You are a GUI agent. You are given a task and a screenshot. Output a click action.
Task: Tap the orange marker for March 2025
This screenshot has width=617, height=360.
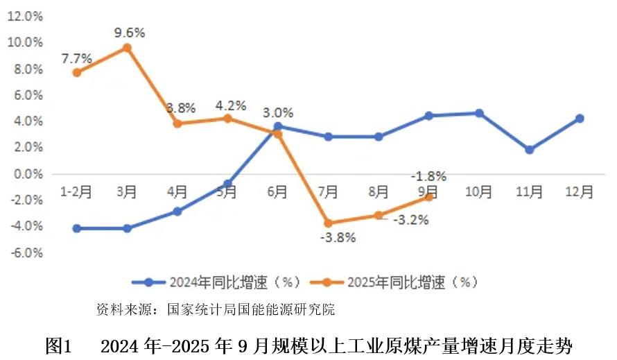pos(127,48)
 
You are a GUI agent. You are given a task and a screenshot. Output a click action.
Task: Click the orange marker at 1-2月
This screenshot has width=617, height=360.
pos(76,72)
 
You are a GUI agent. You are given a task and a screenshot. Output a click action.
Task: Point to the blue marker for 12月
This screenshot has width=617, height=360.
pos(580,119)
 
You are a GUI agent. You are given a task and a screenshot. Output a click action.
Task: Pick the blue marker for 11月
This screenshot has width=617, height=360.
pos(529,150)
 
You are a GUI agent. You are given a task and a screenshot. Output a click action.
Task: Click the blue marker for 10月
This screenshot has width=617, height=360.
pos(479,113)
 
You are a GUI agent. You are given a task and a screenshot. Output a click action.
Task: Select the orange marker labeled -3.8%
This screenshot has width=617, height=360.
pos(328,223)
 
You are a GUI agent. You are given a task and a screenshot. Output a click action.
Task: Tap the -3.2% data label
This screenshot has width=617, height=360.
pos(411,221)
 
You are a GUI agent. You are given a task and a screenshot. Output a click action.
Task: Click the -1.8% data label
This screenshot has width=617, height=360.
pos(428,176)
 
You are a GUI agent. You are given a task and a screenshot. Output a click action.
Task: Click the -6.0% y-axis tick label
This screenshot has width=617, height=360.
pos(25,253)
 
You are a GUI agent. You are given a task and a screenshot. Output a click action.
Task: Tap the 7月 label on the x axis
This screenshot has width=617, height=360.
pos(328,191)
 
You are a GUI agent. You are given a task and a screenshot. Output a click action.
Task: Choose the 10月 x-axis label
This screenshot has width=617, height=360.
pos(479,191)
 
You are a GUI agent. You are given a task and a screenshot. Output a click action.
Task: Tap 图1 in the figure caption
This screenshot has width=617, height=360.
pos(59,345)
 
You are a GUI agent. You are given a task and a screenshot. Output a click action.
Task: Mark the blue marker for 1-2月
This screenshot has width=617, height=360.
pos(76,228)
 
